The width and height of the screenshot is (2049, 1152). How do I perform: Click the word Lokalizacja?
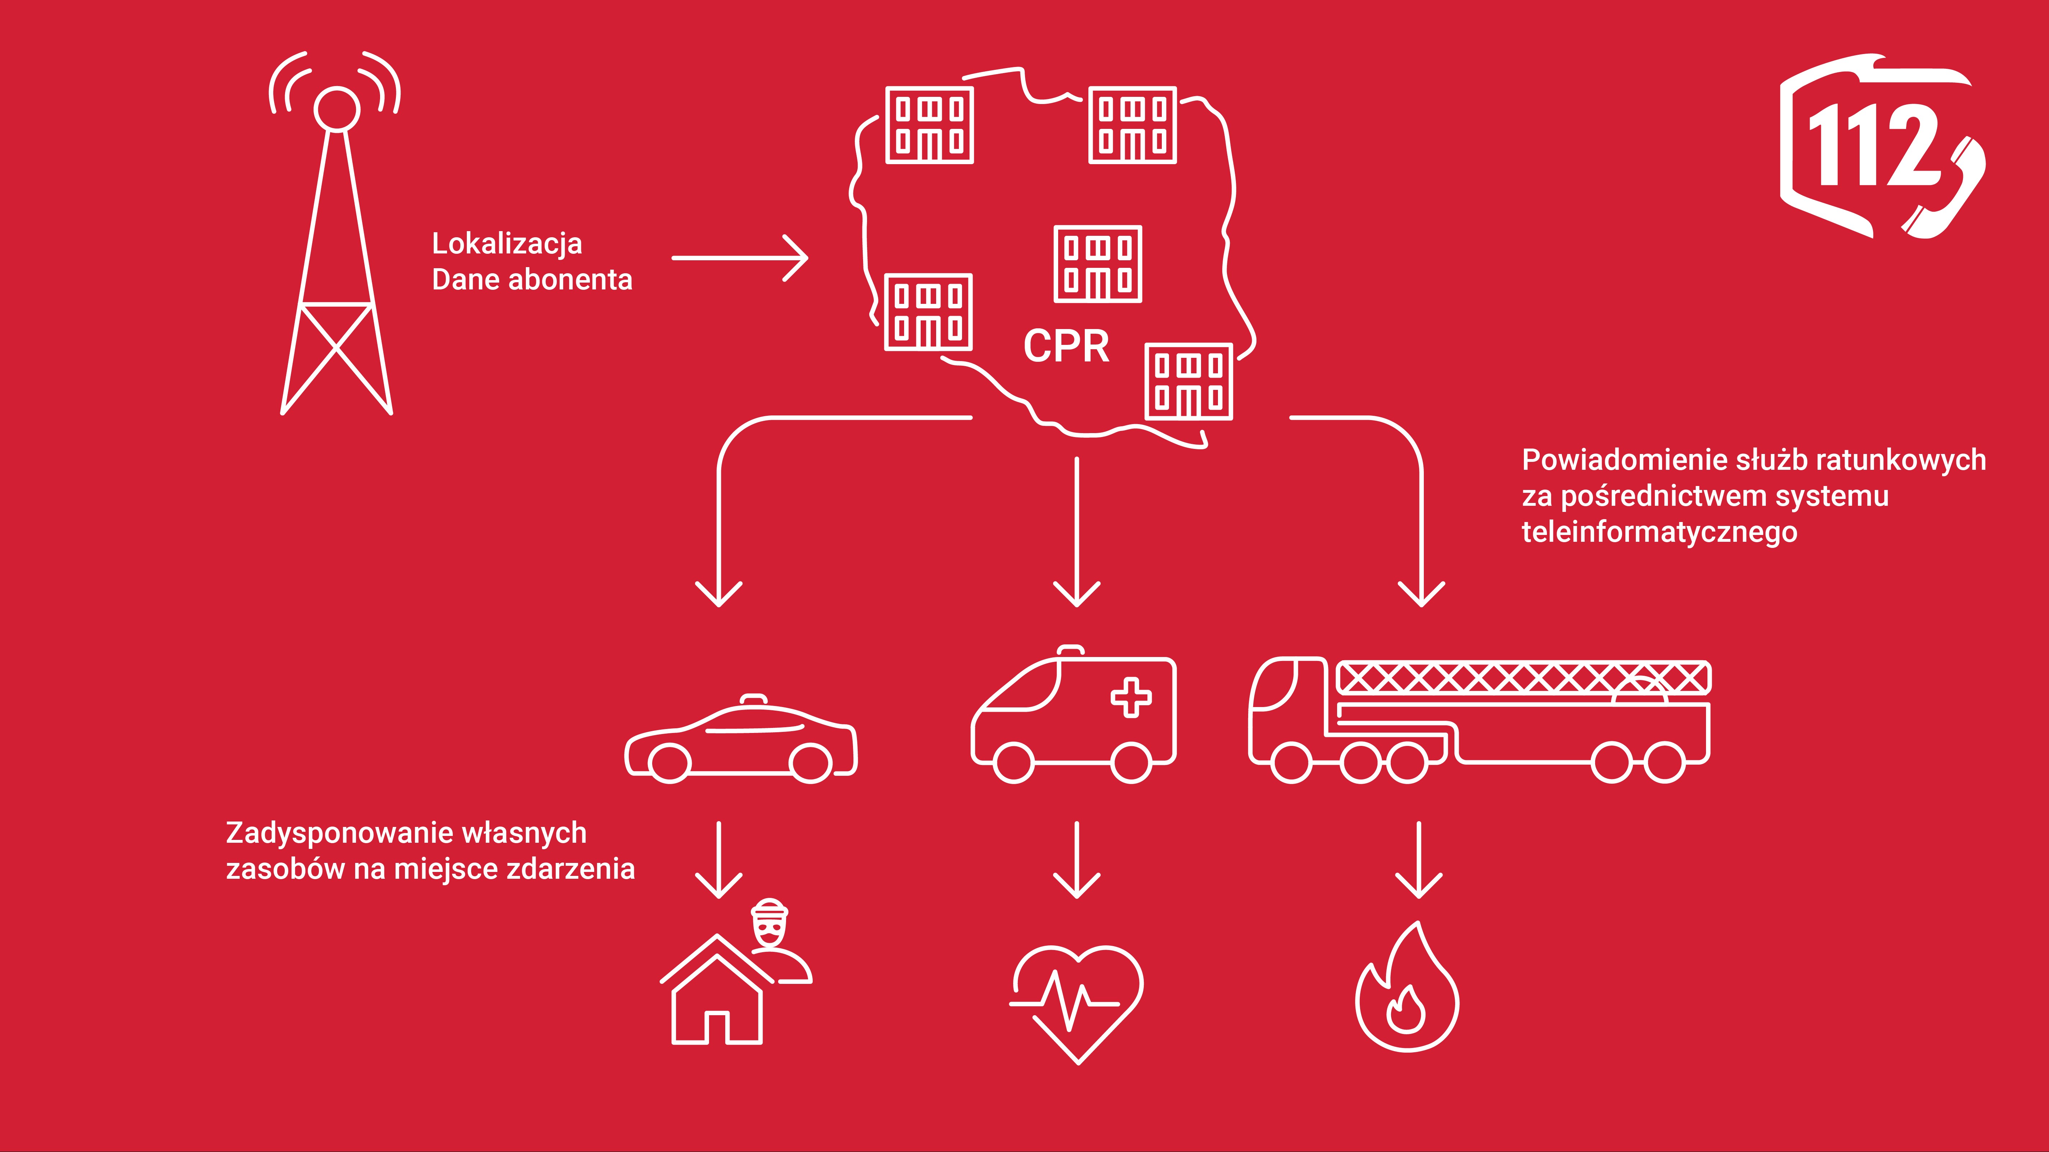coord(507,243)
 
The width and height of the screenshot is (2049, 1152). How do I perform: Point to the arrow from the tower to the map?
coord(740,258)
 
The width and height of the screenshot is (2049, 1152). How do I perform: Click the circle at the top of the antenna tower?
coord(337,109)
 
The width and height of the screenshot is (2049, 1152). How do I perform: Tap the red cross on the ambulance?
coord(1130,698)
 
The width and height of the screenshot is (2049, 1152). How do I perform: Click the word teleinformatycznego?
coord(1659,531)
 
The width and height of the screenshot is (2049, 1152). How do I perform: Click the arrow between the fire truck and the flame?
coord(1419,859)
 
